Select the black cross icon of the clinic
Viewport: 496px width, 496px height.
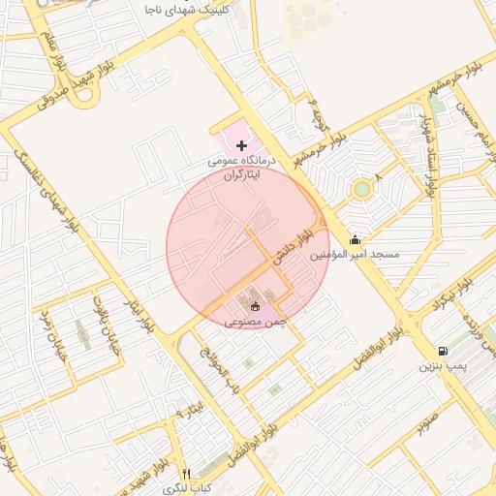pos(241,144)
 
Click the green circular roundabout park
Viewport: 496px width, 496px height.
pos(361,188)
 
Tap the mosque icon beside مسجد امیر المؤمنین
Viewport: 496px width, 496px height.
pos(356,239)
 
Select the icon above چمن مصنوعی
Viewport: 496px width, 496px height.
pos(241,306)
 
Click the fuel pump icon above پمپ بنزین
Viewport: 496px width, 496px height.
pos(442,351)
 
